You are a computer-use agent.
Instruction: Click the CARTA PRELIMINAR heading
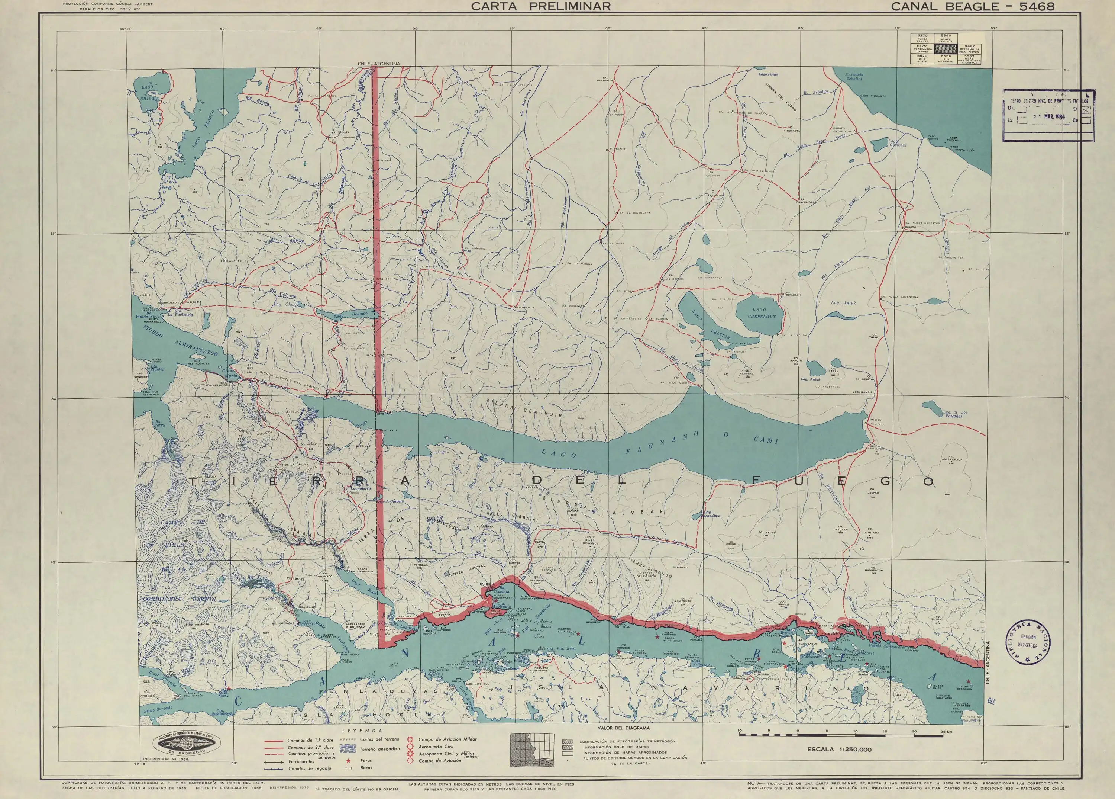tap(541, 6)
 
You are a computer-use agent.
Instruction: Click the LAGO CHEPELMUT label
tap(762, 314)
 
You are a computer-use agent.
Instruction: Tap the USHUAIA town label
tap(488, 584)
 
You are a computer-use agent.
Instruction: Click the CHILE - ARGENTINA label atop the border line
tap(379, 64)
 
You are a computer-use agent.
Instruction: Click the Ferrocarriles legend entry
tap(301, 761)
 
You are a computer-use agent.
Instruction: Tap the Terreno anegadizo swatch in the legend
tap(349, 748)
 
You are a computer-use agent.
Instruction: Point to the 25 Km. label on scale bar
tap(946, 732)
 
